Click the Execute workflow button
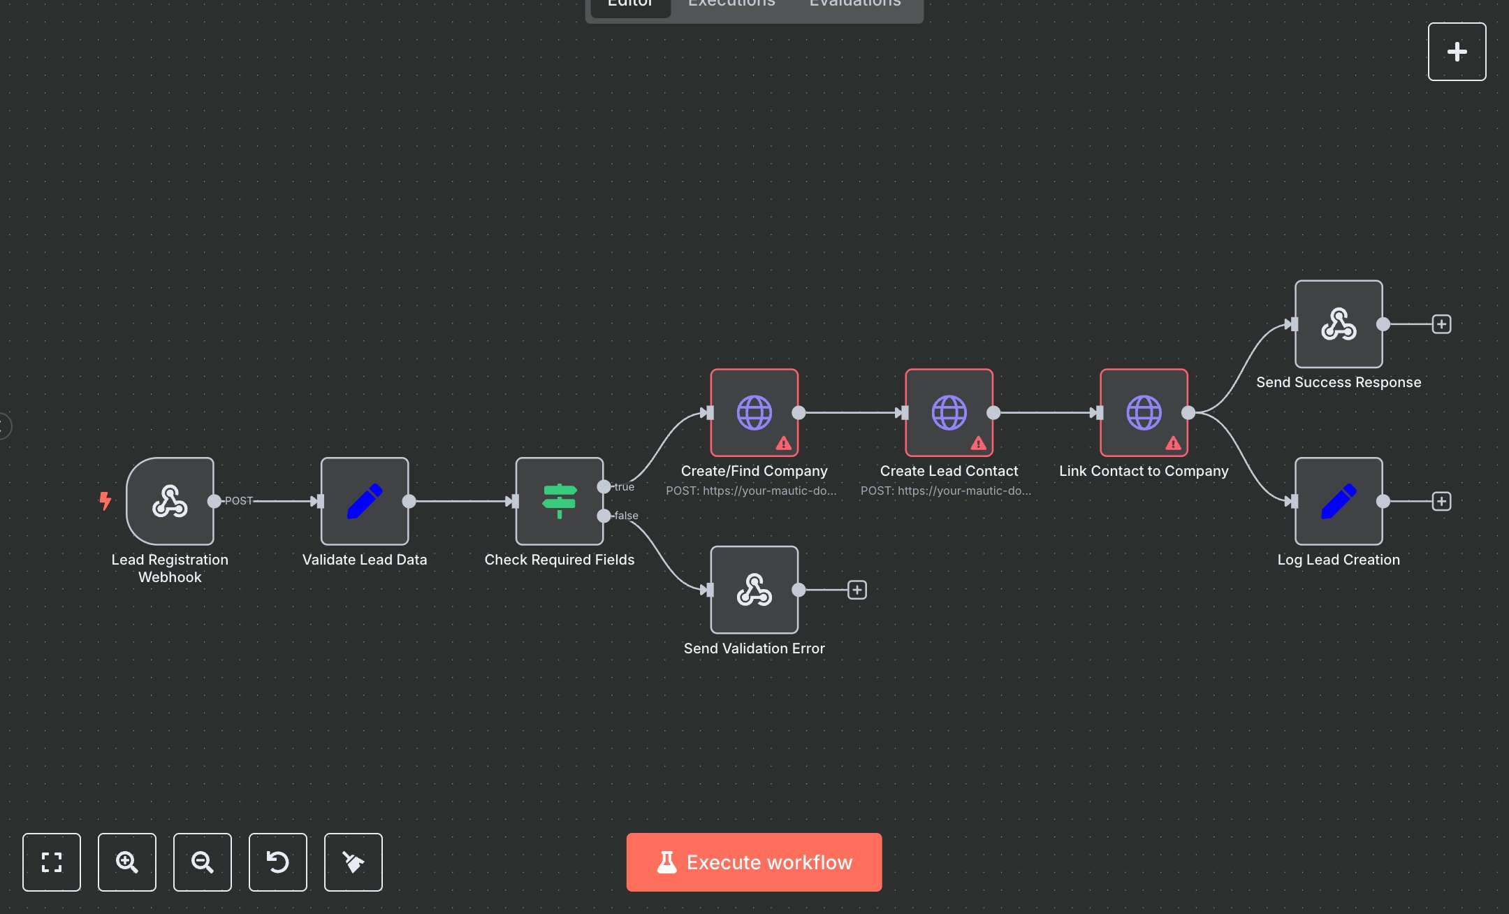pyautogui.click(x=754, y=862)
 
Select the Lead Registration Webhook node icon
pyautogui.click(x=170, y=501)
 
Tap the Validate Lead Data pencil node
pyautogui.click(x=365, y=501)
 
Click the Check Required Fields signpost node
pyautogui.click(x=560, y=501)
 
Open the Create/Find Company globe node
pyautogui.click(x=754, y=412)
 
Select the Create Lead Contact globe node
pyautogui.click(x=949, y=412)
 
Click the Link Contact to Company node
pyautogui.click(x=1144, y=412)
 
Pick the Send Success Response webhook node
pyautogui.click(x=1339, y=324)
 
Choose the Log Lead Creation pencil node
pyautogui.click(x=1339, y=501)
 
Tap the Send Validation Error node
pyautogui.click(x=754, y=590)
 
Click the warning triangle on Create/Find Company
pyautogui.click(x=784, y=443)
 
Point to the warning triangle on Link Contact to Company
pyautogui.click(x=1173, y=443)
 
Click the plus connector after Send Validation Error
pyautogui.click(x=857, y=590)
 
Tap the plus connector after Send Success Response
pyautogui.click(x=1441, y=324)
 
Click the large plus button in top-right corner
pyautogui.click(x=1457, y=52)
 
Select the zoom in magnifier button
pyautogui.click(x=127, y=862)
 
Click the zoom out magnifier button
pyautogui.click(x=203, y=862)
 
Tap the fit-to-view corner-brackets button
pyautogui.click(x=52, y=862)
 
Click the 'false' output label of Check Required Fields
pyautogui.click(x=626, y=516)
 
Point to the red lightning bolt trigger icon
pyautogui.click(x=105, y=500)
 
